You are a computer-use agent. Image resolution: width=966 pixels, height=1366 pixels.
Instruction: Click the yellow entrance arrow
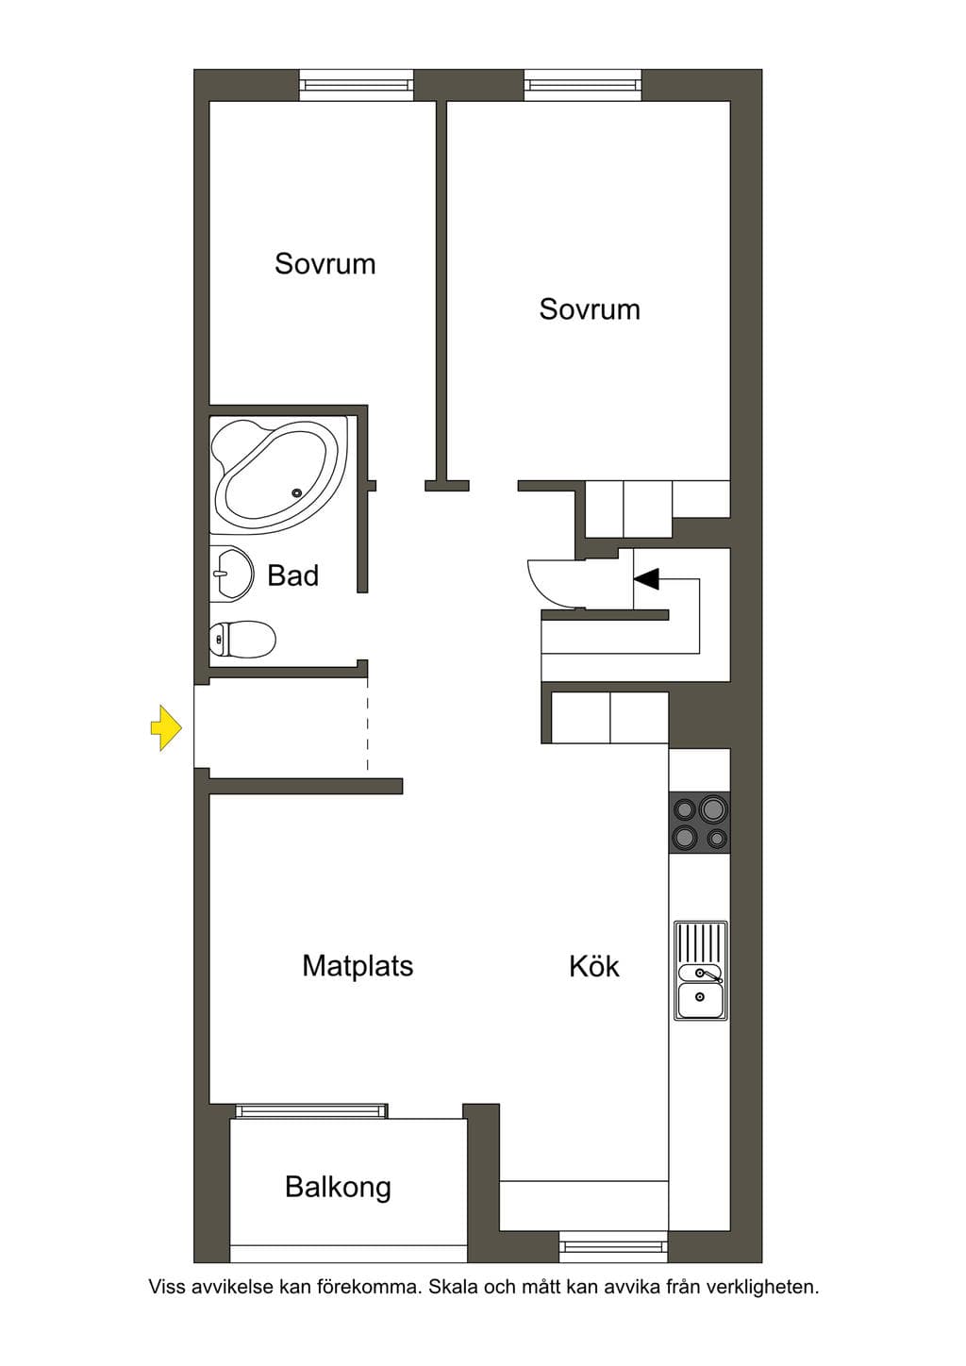point(166,727)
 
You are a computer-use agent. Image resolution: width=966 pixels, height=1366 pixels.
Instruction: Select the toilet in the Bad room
point(242,639)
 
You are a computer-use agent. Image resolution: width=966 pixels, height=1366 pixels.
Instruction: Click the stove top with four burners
point(699,822)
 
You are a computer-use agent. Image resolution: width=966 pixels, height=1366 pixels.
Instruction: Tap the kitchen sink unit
point(701,970)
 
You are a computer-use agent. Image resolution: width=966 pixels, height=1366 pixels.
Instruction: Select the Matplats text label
point(358,966)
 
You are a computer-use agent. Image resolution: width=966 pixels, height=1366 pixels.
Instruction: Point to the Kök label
point(594,966)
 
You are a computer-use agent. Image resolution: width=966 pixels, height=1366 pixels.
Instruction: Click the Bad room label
point(292,575)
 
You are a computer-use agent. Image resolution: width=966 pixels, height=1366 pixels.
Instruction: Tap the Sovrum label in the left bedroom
point(325,264)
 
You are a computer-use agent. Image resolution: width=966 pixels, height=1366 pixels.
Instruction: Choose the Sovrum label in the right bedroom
point(590,309)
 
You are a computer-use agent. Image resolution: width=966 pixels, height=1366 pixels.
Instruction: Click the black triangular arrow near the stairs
point(646,578)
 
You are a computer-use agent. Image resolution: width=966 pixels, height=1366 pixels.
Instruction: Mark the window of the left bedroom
point(357,85)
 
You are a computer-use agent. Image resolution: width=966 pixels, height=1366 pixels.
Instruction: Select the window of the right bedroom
point(583,85)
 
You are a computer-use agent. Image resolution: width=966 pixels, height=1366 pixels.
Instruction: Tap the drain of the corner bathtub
point(297,492)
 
